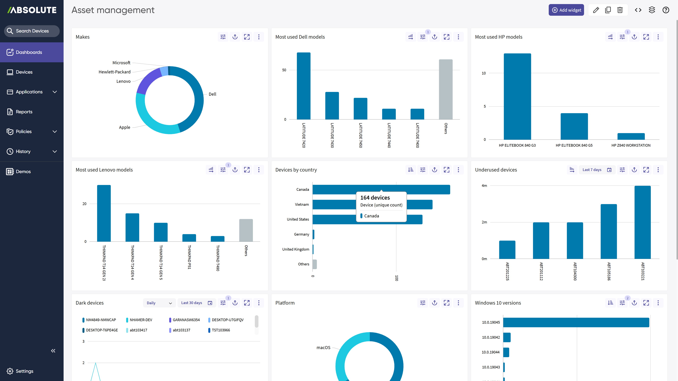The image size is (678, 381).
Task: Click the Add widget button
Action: coord(566,10)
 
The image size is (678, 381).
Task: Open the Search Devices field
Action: coord(32,31)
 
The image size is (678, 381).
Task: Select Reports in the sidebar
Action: coord(24,112)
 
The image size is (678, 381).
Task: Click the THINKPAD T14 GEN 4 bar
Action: coord(132,227)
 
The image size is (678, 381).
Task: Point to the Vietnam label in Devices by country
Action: coord(302,205)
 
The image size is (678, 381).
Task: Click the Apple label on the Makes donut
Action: coord(125,127)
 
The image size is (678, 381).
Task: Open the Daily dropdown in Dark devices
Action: coord(159,303)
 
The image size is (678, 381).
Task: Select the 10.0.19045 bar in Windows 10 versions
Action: coord(576,323)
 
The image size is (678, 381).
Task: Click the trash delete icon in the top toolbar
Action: coord(620,10)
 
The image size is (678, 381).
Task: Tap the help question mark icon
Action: coord(666,10)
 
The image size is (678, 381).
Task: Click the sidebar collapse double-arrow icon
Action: coord(53,351)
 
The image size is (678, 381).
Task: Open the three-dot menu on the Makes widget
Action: coord(259,37)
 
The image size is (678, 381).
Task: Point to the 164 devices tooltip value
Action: coord(375,198)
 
